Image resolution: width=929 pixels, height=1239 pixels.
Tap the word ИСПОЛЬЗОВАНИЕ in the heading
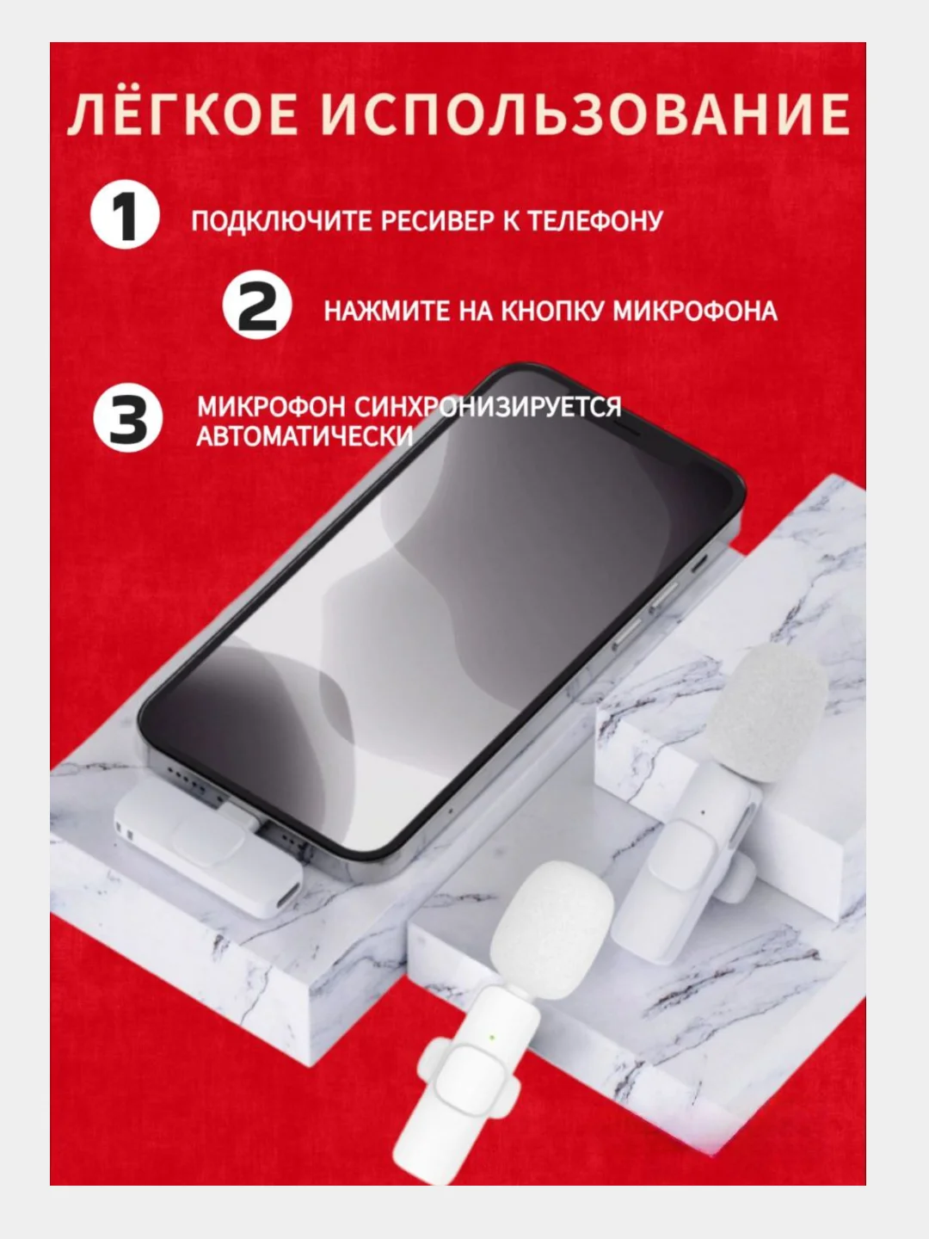point(585,114)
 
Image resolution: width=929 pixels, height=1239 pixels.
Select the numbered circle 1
point(125,214)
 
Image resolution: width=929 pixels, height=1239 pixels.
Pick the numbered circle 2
point(256,305)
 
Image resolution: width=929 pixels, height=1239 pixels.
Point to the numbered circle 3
point(128,417)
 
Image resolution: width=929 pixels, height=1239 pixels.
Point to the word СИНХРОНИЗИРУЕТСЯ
point(489,406)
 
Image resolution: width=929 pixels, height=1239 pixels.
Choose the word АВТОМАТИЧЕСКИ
point(305,436)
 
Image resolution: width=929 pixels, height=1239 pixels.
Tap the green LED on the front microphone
point(491,1038)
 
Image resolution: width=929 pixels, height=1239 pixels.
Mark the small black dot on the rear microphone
point(702,813)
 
